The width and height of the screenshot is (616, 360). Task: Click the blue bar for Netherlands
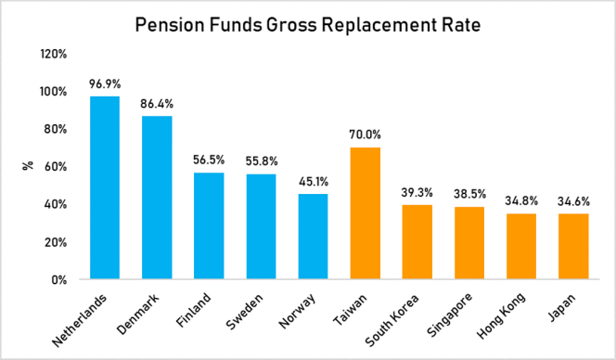tap(104, 187)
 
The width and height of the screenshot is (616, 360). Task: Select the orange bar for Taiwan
tap(365, 213)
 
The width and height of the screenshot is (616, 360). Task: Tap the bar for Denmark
tap(156, 197)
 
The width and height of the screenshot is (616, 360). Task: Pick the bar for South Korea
tap(417, 241)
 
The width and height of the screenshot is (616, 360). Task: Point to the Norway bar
tap(313, 236)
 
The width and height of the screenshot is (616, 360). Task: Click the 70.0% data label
tap(365, 135)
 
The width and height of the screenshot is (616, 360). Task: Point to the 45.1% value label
tap(313, 181)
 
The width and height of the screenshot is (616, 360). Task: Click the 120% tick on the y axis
tap(53, 54)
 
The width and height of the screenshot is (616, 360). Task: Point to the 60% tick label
tap(55, 167)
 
